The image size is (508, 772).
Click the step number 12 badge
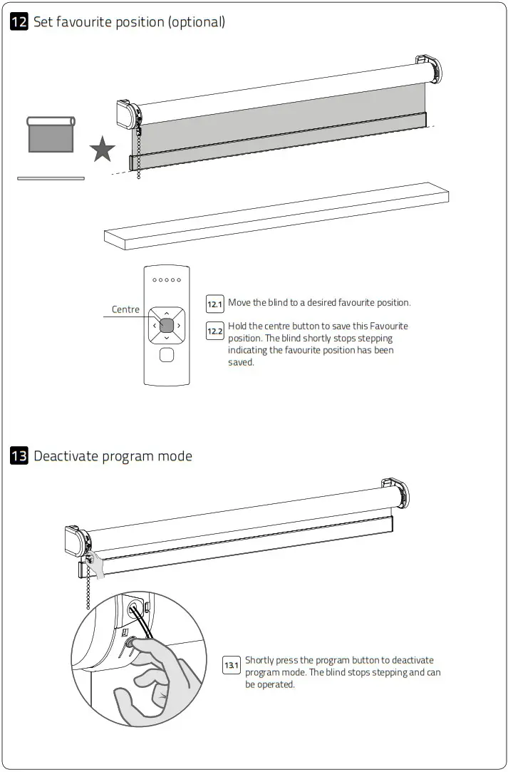tap(19, 22)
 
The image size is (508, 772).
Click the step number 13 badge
tap(19, 456)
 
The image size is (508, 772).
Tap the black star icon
tap(103, 150)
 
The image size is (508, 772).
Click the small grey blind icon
tap(51, 135)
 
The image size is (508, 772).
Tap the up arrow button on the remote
tap(167, 313)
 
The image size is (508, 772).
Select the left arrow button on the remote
tap(154, 326)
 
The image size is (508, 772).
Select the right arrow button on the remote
tap(180, 326)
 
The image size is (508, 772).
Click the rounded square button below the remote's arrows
tap(167, 355)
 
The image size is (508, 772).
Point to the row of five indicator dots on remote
tap(167, 279)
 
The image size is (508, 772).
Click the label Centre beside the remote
tap(125, 309)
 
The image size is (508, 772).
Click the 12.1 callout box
tap(214, 304)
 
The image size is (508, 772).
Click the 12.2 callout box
tap(214, 331)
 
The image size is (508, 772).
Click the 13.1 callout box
tap(232, 666)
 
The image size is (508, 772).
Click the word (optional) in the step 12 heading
tap(196, 22)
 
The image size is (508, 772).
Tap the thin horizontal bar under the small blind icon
tap(51, 178)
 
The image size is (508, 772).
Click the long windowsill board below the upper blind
tap(276, 215)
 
